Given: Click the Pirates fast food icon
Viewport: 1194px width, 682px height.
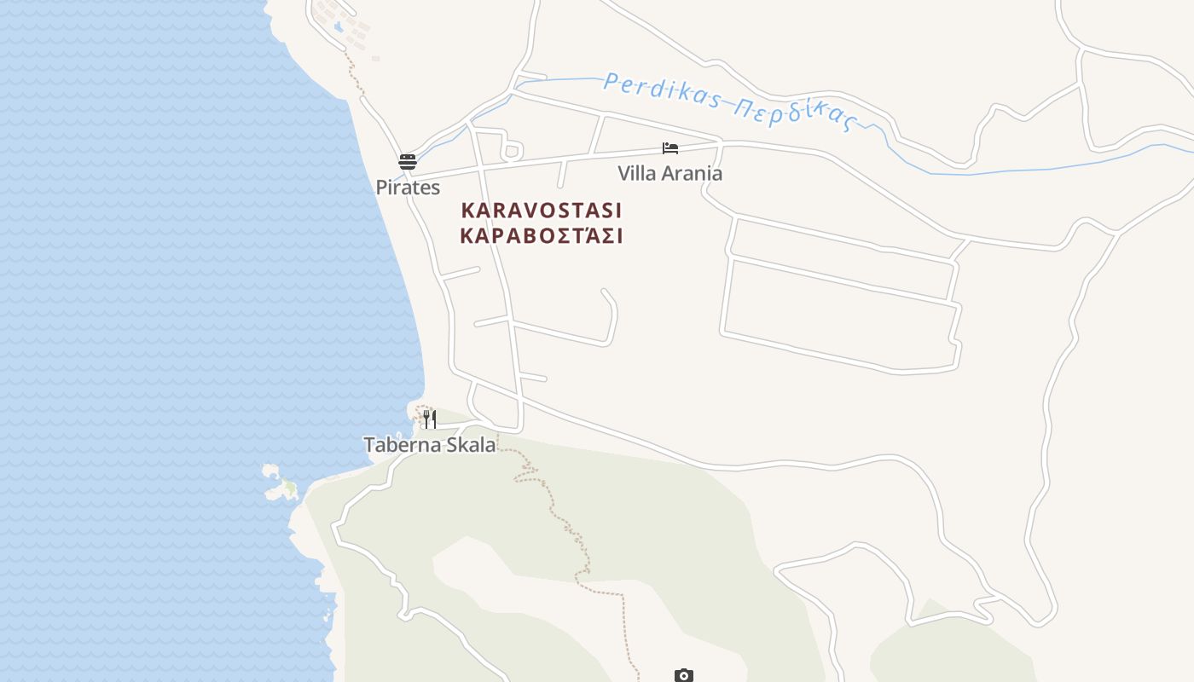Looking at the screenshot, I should (408, 161).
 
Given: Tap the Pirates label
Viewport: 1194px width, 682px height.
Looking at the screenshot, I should (408, 188).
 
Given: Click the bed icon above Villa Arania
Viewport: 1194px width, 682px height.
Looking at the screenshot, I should (670, 148).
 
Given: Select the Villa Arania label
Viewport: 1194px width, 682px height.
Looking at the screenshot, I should (669, 174).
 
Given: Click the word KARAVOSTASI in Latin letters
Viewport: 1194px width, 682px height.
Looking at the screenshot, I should (542, 211).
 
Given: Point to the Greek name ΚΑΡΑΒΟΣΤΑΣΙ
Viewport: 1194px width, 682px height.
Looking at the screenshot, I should (542, 236).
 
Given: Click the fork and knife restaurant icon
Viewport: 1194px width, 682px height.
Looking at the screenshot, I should (430, 419).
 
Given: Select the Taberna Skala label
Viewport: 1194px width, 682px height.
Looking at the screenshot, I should (430, 445).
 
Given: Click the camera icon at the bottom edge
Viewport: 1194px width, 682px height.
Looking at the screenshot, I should (683, 675).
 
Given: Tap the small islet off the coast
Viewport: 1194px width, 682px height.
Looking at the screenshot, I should (281, 484).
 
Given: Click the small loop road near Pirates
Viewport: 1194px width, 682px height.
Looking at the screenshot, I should (512, 152).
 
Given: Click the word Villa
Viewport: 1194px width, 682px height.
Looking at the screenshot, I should (636, 174).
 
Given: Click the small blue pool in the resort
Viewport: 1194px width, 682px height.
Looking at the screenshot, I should (339, 27).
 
